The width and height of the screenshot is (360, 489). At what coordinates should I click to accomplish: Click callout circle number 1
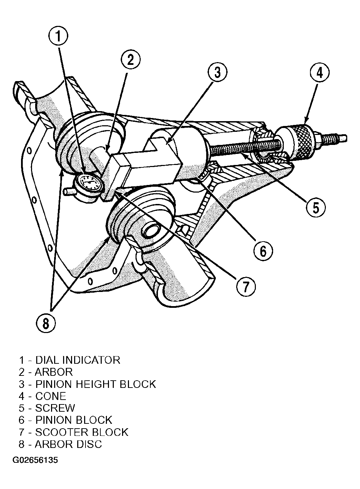pyautogui.click(x=58, y=36)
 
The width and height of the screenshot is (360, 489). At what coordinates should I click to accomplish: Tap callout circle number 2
pyautogui.click(x=130, y=59)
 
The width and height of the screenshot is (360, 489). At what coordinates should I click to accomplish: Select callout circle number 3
pyautogui.click(x=217, y=72)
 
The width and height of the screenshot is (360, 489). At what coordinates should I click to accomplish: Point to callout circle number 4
pyautogui.click(x=319, y=72)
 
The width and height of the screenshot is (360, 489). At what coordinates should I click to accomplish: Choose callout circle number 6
pyautogui.click(x=263, y=251)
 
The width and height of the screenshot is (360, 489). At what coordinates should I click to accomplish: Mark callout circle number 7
pyautogui.click(x=246, y=287)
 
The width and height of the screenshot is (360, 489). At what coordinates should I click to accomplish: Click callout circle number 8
pyautogui.click(x=46, y=323)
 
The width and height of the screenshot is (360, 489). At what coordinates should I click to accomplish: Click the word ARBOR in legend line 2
pyautogui.click(x=54, y=378)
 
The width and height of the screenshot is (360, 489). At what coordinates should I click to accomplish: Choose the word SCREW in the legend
pyautogui.click(x=55, y=414)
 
